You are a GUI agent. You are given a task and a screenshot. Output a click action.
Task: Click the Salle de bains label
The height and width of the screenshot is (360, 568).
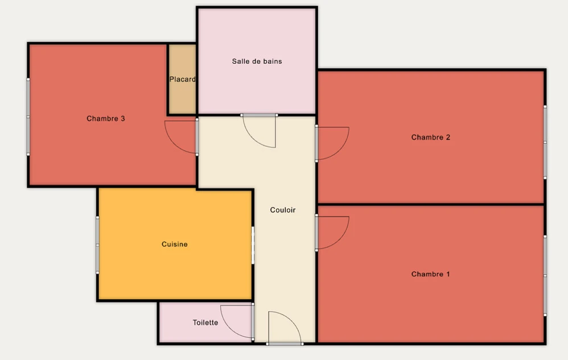(x=257, y=61)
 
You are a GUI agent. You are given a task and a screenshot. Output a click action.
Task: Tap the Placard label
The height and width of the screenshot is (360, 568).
(x=183, y=79)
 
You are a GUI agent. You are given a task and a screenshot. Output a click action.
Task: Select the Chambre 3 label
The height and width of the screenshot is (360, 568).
(x=106, y=119)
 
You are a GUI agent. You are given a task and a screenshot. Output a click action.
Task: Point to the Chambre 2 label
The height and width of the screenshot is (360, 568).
(x=431, y=138)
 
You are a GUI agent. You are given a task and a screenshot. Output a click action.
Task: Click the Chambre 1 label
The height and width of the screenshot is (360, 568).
(x=431, y=274)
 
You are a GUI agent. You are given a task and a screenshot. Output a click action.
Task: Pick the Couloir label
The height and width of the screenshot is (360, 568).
(x=283, y=210)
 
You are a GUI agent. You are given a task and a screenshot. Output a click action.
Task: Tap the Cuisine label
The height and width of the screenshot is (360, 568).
(x=175, y=244)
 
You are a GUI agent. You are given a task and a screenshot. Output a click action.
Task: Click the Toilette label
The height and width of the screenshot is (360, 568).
(x=205, y=322)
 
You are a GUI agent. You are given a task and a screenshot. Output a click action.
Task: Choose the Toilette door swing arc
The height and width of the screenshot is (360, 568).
(x=229, y=329)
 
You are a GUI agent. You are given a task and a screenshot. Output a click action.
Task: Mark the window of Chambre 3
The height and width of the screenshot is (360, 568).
(x=28, y=117)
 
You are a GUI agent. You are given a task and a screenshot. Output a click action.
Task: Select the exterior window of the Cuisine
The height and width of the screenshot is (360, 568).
(x=97, y=245)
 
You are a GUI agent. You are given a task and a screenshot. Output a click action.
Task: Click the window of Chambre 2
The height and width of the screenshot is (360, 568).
(x=545, y=142)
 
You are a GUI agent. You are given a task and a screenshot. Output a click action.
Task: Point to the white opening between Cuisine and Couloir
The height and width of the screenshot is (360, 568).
(x=253, y=245)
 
